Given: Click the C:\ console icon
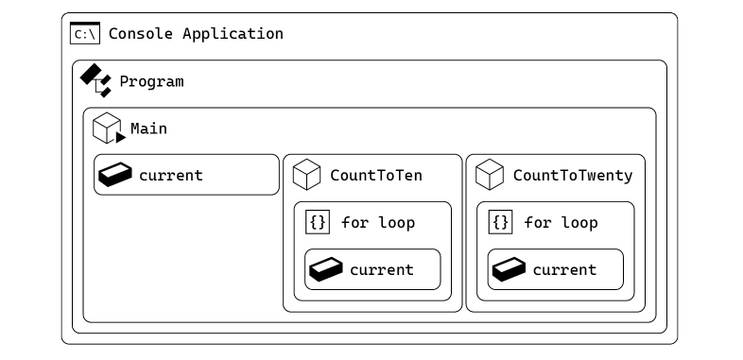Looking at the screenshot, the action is click(x=85, y=33).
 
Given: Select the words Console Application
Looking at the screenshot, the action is click(x=196, y=34).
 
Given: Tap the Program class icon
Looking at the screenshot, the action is click(x=95, y=80).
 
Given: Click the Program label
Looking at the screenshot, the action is click(x=151, y=81).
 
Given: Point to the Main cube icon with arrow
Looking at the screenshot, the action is click(x=109, y=128).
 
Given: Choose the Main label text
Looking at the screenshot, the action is click(x=148, y=129).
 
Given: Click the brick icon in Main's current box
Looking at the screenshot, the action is click(x=115, y=175).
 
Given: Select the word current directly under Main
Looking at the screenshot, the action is click(x=171, y=176).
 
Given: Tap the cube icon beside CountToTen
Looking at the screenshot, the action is click(x=306, y=175).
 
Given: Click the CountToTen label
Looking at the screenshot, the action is click(x=376, y=176).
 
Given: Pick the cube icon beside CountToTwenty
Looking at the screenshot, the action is click(x=490, y=175).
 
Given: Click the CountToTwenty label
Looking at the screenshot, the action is click(x=573, y=176).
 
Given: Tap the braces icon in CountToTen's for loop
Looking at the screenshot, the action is click(x=318, y=222).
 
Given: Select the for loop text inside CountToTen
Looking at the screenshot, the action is click(x=378, y=223).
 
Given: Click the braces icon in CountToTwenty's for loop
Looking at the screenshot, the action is click(x=500, y=222).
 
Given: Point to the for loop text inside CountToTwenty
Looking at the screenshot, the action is click(x=562, y=223).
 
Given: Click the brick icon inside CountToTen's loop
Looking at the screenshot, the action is click(x=326, y=269).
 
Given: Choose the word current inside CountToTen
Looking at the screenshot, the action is click(x=382, y=270).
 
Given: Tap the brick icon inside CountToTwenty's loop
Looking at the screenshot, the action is click(x=509, y=269).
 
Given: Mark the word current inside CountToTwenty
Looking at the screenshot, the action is click(x=565, y=270).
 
